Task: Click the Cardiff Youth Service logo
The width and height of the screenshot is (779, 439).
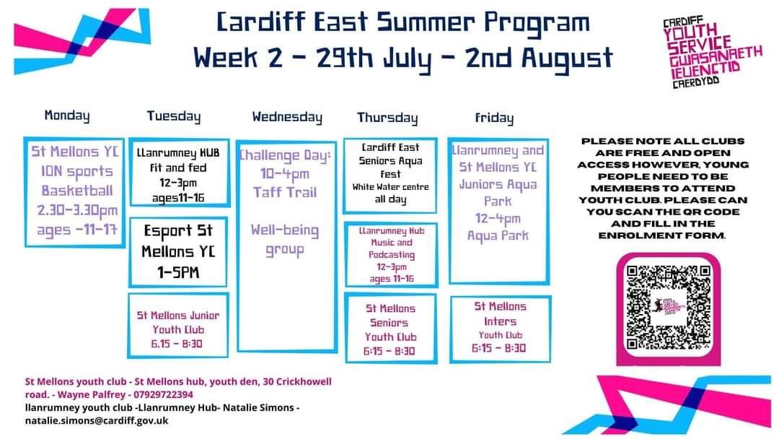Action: pos(711,52)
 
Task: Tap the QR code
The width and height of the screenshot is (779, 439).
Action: pos(668,308)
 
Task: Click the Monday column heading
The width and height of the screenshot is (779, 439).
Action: pos(67,116)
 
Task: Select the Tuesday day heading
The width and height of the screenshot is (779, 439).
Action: pos(174,117)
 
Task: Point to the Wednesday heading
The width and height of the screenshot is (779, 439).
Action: pos(287,118)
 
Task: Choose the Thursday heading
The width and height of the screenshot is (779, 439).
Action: pos(387,118)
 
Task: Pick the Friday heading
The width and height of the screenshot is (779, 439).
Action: pos(494,118)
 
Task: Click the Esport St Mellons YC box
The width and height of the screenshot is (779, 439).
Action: pos(178,252)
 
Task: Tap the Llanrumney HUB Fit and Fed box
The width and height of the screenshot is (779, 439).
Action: pos(179,173)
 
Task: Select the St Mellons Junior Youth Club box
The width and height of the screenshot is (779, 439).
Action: pos(178,325)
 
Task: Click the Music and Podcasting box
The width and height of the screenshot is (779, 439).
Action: pos(392,255)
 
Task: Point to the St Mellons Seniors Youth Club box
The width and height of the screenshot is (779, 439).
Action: pos(390,329)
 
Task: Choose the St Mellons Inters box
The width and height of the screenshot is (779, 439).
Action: pos(501,329)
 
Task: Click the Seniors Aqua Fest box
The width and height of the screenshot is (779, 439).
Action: pos(390,175)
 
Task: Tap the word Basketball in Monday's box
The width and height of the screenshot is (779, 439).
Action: pos(77,191)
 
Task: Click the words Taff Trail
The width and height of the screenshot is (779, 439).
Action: pos(285,192)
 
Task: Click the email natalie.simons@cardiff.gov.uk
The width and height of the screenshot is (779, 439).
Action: pos(97,421)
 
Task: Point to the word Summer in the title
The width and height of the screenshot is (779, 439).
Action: pos(426,22)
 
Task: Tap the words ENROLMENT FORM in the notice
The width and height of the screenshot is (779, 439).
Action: pos(661,235)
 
